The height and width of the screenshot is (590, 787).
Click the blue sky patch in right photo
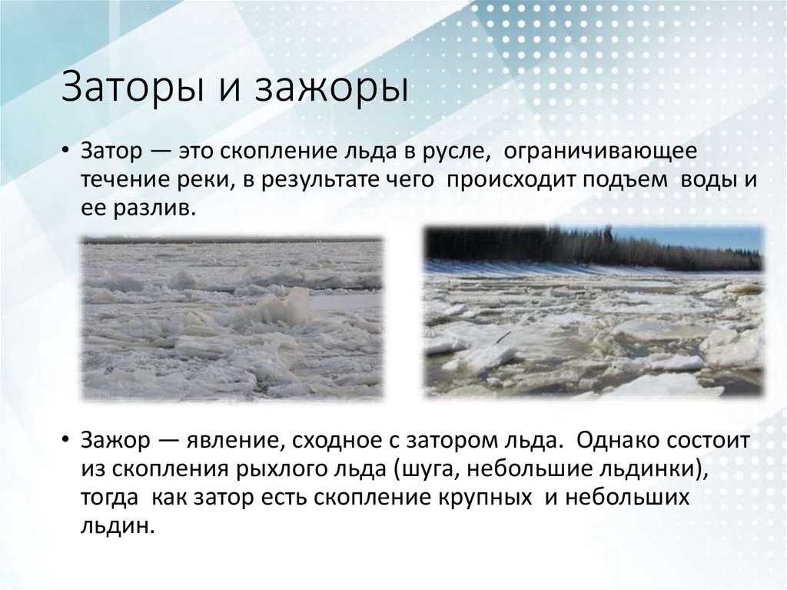point(715,236)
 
